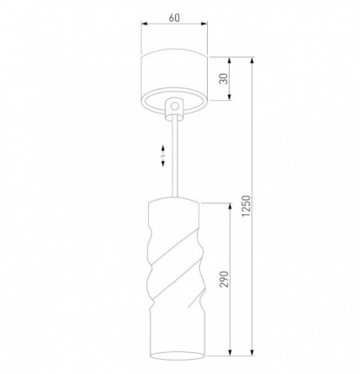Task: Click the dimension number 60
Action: click(x=174, y=18)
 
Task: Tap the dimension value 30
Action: click(x=224, y=79)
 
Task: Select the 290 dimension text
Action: click(x=224, y=279)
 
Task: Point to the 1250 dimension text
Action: click(x=246, y=206)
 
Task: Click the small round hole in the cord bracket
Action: click(x=175, y=106)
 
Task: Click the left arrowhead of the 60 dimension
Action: click(x=144, y=24)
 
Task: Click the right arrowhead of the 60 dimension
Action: click(x=204, y=24)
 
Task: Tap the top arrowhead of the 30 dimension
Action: click(x=230, y=61)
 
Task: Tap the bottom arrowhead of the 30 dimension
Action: click(x=230, y=97)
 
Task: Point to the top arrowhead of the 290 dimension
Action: click(x=230, y=207)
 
